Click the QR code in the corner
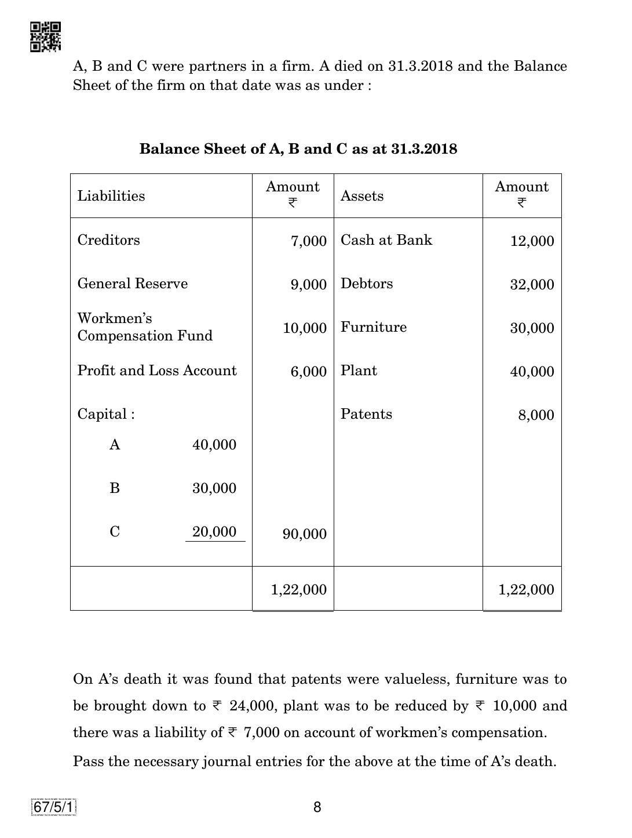coord(45,37)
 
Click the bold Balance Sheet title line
coord(298,149)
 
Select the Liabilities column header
coord(111,196)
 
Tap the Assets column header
coord(362,196)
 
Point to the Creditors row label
coord(109,240)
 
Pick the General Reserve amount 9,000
coord(308,285)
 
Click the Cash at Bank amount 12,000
coord(532,241)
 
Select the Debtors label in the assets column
coord(367,284)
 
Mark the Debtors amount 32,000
coord(532,285)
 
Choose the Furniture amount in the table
coord(532,328)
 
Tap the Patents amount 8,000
coord(536,415)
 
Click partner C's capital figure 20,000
coord(214,532)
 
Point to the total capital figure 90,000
coord(304,534)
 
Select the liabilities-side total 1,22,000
coord(298,590)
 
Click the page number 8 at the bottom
coord(317,807)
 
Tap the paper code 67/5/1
coord(54,807)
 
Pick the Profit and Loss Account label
coord(157,371)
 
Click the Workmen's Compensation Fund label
coord(145,327)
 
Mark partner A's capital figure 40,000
coord(214,445)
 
